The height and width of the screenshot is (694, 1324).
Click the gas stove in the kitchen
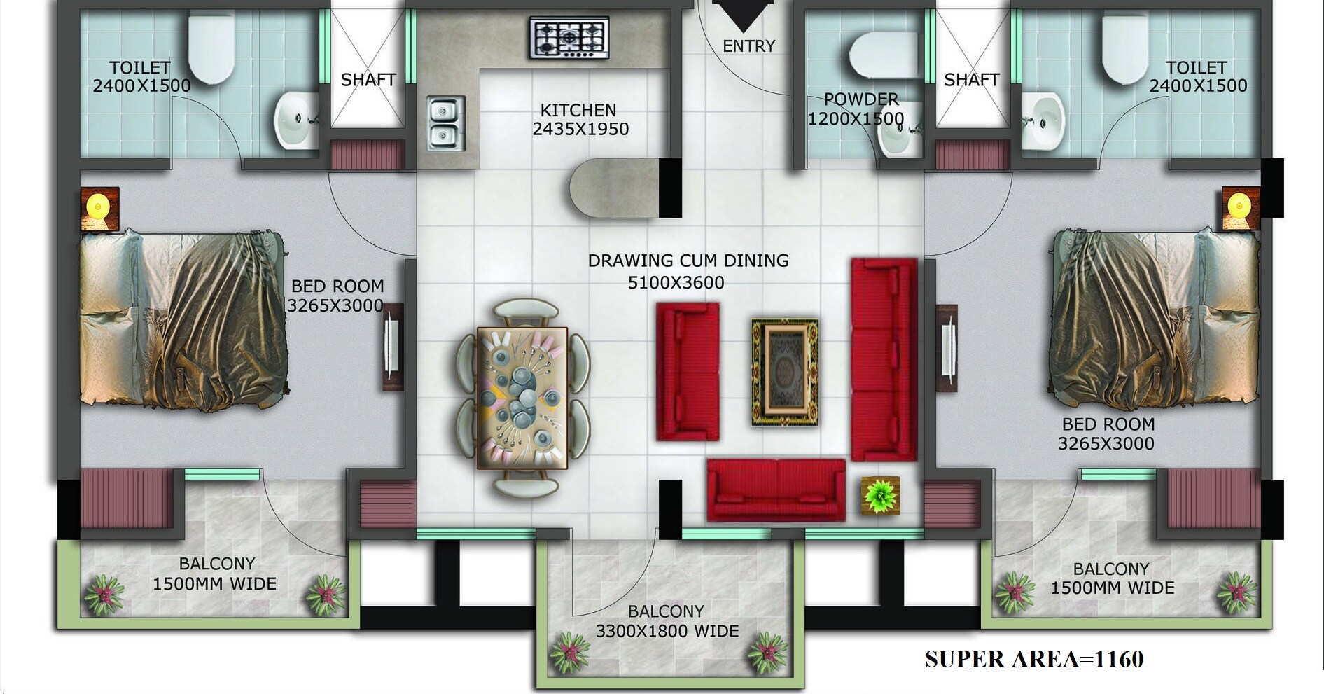click(569, 38)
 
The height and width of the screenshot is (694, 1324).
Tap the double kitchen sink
click(445, 123)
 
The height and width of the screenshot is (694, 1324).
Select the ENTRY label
click(748, 46)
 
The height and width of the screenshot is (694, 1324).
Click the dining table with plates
click(522, 398)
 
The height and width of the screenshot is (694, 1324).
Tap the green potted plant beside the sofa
click(880, 495)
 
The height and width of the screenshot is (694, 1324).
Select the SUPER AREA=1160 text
click(1033, 659)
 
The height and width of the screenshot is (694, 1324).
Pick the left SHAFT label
click(368, 80)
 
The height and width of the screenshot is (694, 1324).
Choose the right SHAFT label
click(971, 80)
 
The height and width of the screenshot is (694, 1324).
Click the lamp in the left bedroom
click(99, 208)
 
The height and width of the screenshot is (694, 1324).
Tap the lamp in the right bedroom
click(1240, 208)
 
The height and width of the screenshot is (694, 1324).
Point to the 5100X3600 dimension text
click(676, 283)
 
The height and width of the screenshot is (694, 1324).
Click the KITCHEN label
click(578, 111)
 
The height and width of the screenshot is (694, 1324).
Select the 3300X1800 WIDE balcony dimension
click(667, 632)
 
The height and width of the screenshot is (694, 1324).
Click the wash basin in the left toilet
click(295, 120)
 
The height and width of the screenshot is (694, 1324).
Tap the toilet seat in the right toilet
click(1124, 49)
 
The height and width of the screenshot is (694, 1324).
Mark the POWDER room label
click(860, 99)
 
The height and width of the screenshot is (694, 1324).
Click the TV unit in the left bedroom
click(392, 347)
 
